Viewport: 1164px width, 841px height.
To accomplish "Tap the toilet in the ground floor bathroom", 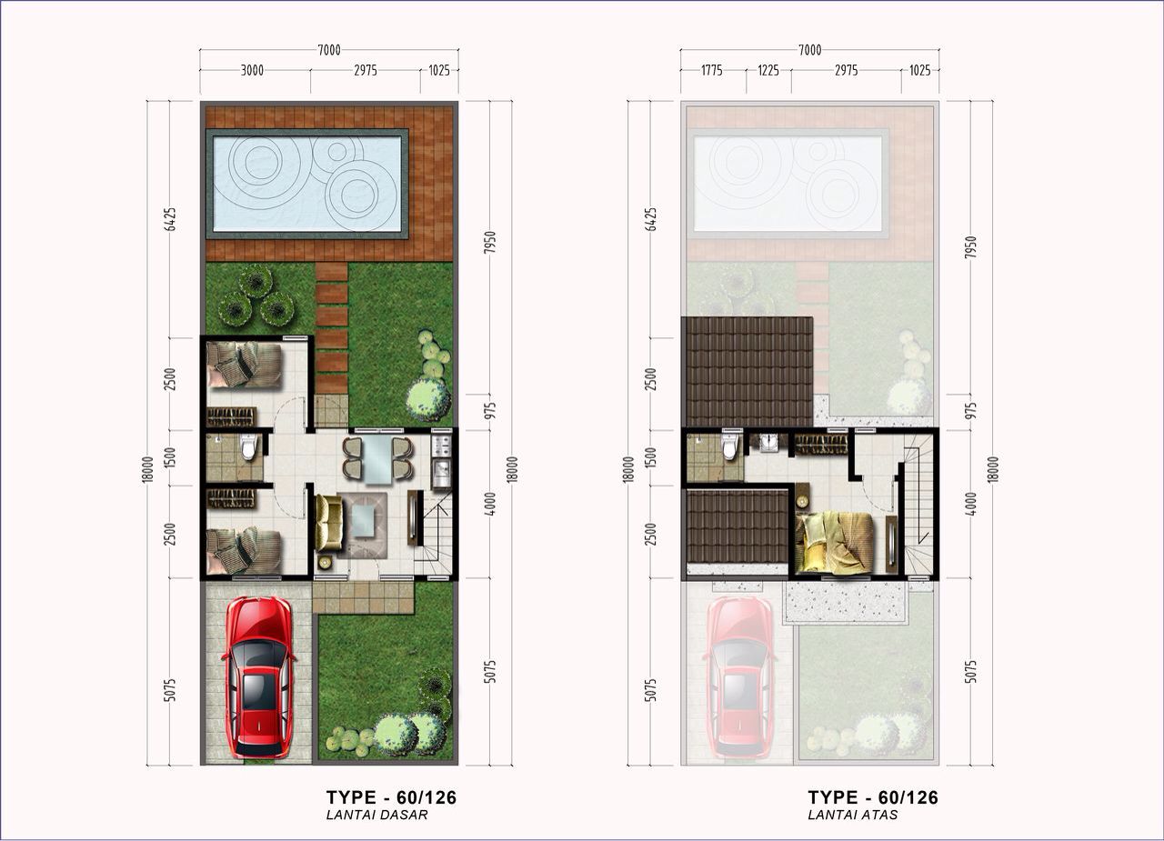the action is click(x=248, y=446).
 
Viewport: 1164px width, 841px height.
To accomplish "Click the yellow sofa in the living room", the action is click(x=329, y=523).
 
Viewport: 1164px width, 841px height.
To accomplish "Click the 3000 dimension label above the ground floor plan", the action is click(x=252, y=70).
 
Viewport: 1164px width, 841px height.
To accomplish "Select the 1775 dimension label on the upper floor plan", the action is click(x=711, y=70).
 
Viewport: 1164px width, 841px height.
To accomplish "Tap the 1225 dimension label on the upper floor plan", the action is click(x=768, y=70).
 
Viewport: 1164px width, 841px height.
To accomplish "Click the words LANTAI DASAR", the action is click(x=376, y=815).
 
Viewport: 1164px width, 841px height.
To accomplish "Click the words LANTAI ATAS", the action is click(x=853, y=815).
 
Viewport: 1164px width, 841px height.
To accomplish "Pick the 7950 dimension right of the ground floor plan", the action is click(x=490, y=243).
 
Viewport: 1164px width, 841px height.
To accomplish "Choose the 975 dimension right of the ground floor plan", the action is click(x=490, y=410).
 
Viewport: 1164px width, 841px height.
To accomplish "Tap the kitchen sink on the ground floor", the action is click(x=442, y=468).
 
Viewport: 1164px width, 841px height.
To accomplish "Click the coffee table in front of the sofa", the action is click(x=362, y=520).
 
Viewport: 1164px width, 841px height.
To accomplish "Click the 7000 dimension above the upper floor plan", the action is click(x=810, y=50).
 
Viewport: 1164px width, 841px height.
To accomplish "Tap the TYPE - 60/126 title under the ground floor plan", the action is click(x=391, y=797).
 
